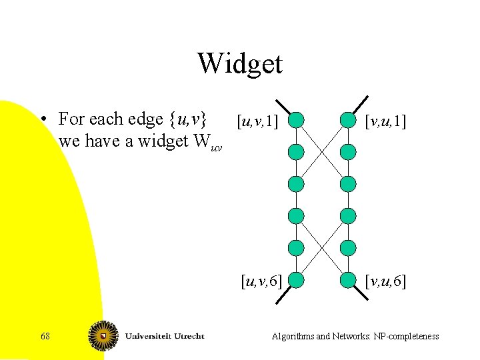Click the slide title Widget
point(240,64)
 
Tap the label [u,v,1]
point(257,121)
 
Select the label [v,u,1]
point(385,121)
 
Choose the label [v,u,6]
point(385,281)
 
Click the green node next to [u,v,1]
point(296,121)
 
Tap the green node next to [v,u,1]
point(348,121)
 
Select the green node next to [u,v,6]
point(296,280)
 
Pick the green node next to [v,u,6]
point(348,280)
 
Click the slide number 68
point(45,337)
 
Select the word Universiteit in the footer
point(147,336)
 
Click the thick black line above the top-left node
point(283,107)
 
